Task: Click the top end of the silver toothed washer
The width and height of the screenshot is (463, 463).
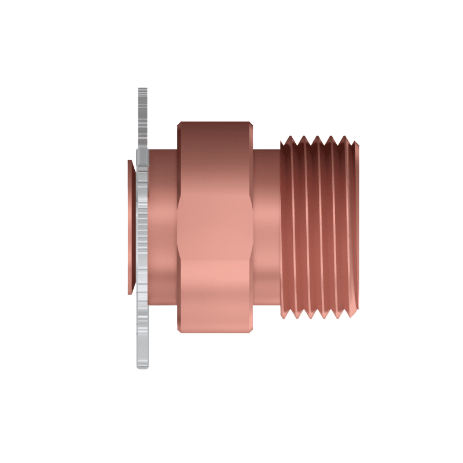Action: tap(142, 90)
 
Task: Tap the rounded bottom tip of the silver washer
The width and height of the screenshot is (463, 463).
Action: tap(142, 366)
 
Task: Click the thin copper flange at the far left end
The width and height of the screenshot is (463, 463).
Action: tap(130, 227)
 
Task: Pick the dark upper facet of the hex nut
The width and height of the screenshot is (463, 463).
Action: tap(214, 156)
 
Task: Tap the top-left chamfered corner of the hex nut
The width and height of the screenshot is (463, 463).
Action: tap(179, 124)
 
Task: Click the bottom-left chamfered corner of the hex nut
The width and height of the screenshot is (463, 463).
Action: tap(179, 329)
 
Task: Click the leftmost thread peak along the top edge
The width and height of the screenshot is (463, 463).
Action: tap(289, 139)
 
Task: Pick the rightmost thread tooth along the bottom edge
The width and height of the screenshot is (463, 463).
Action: tap(350, 315)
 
